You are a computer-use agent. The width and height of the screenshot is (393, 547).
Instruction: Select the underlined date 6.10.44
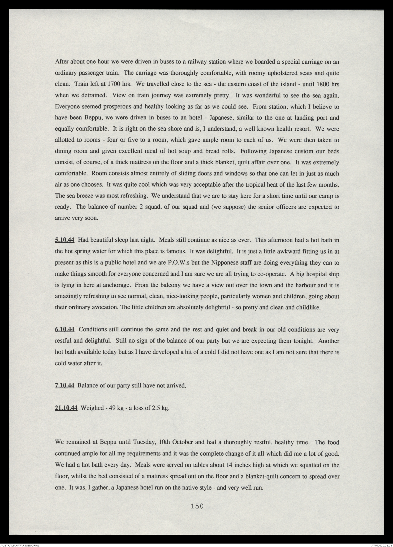coord(64,330)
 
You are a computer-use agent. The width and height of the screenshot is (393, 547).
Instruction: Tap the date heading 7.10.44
coord(64,386)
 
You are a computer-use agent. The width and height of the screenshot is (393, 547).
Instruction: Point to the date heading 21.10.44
coord(66,408)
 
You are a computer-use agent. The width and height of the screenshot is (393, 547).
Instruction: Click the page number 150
coord(197,506)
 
